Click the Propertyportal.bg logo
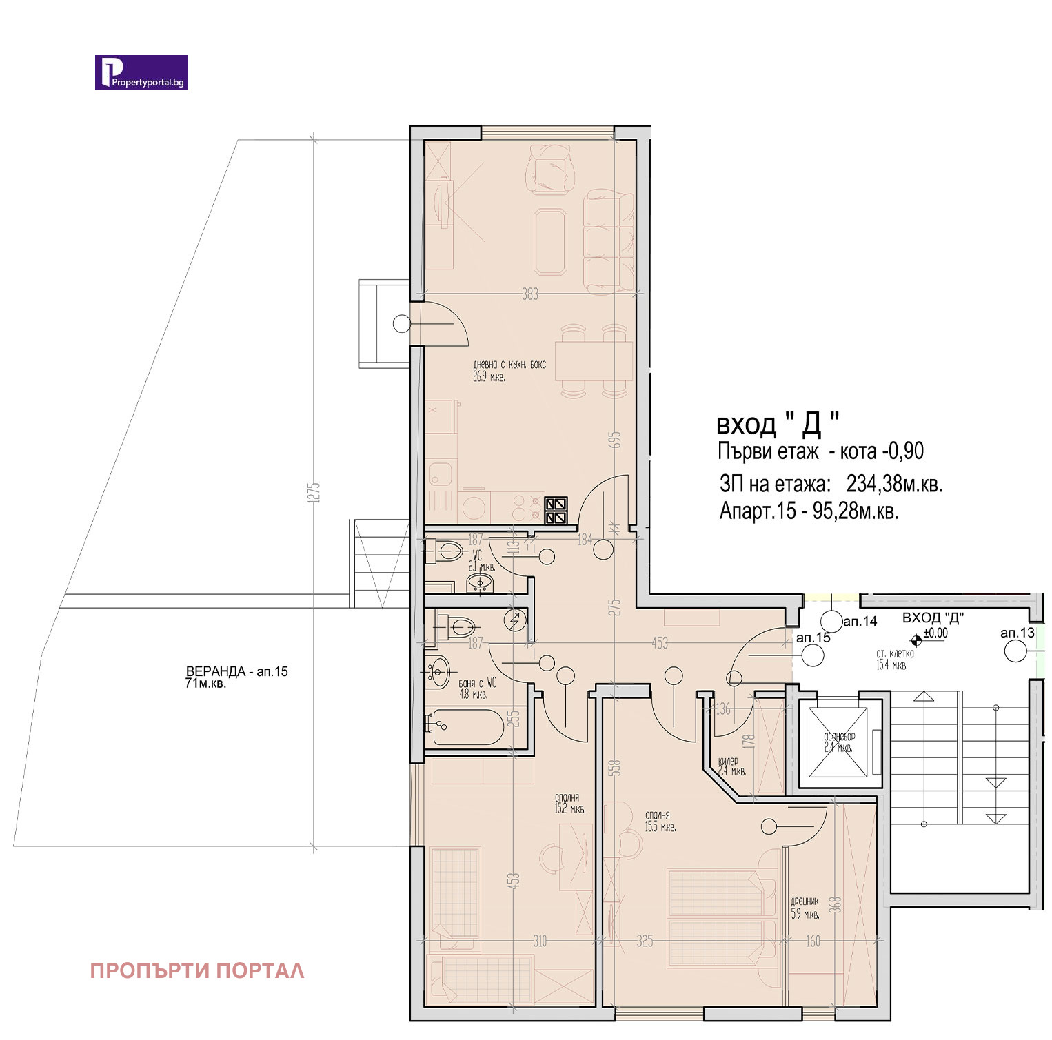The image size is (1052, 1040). [141, 72]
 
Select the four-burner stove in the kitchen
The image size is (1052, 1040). [556, 511]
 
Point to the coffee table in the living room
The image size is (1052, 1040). [550, 241]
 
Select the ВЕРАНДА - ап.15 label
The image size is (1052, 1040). [236, 671]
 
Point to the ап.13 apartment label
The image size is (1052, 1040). [1018, 633]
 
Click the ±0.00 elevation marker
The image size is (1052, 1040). [935, 633]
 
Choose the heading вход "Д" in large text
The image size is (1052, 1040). [778, 424]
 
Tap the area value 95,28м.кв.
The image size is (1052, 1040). [856, 511]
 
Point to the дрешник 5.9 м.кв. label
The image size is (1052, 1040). [805, 908]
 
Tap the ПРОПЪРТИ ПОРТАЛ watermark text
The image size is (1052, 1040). [197, 970]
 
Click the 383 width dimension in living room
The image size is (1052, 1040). [529, 294]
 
